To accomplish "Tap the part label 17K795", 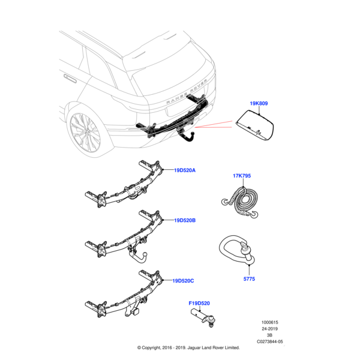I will click(242, 176).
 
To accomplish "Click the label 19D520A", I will click(185, 170).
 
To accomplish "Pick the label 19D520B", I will click(185, 221).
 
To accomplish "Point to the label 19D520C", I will click(184, 280).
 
